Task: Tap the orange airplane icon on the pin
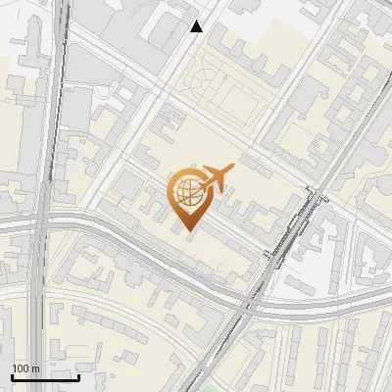pyautogui.click(x=216, y=177)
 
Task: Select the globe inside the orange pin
pyautogui.click(x=186, y=192)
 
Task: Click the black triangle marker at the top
pyautogui.click(x=197, y=26)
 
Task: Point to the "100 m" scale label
pyautogui.click(x=25, y=368)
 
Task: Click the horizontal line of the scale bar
pyautogui.click(x=45, y=377)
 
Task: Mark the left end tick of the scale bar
pyautogui.click(x=12, y=376)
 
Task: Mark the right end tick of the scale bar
pyautogui.click(x=78, y=376)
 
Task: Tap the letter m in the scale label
pyautogui.click(x=35, y=368)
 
